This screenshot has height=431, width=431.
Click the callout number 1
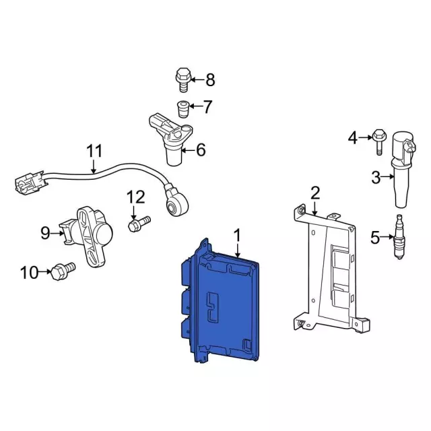pyautogui.click(x=237, y=236)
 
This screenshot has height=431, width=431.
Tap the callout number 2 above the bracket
pyautogui.click(x=315, y=193)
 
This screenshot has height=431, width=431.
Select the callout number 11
pyautogui.click(x=94, y=151)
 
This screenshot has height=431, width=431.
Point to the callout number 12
pyautogui.click(x=135, y=197)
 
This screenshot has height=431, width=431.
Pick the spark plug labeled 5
pyautogui.click(x=399, y=237)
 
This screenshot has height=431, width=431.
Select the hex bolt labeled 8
pyautogui.click(x=183, y=79)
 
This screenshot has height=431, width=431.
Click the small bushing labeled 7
pyautogui.click(x=183, y=109)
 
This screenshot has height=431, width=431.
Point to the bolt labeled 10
pyautogui.click(x=63, y=271)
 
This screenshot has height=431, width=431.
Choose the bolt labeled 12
pyautogui.click(x=139, y=223)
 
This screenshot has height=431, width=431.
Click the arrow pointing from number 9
pyautogui.click(x=57, y=234)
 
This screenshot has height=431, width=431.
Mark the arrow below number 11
pyautogui.click(x=94, y=166)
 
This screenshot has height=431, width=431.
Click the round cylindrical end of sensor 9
pyautogui.click(x=103, y=233)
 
